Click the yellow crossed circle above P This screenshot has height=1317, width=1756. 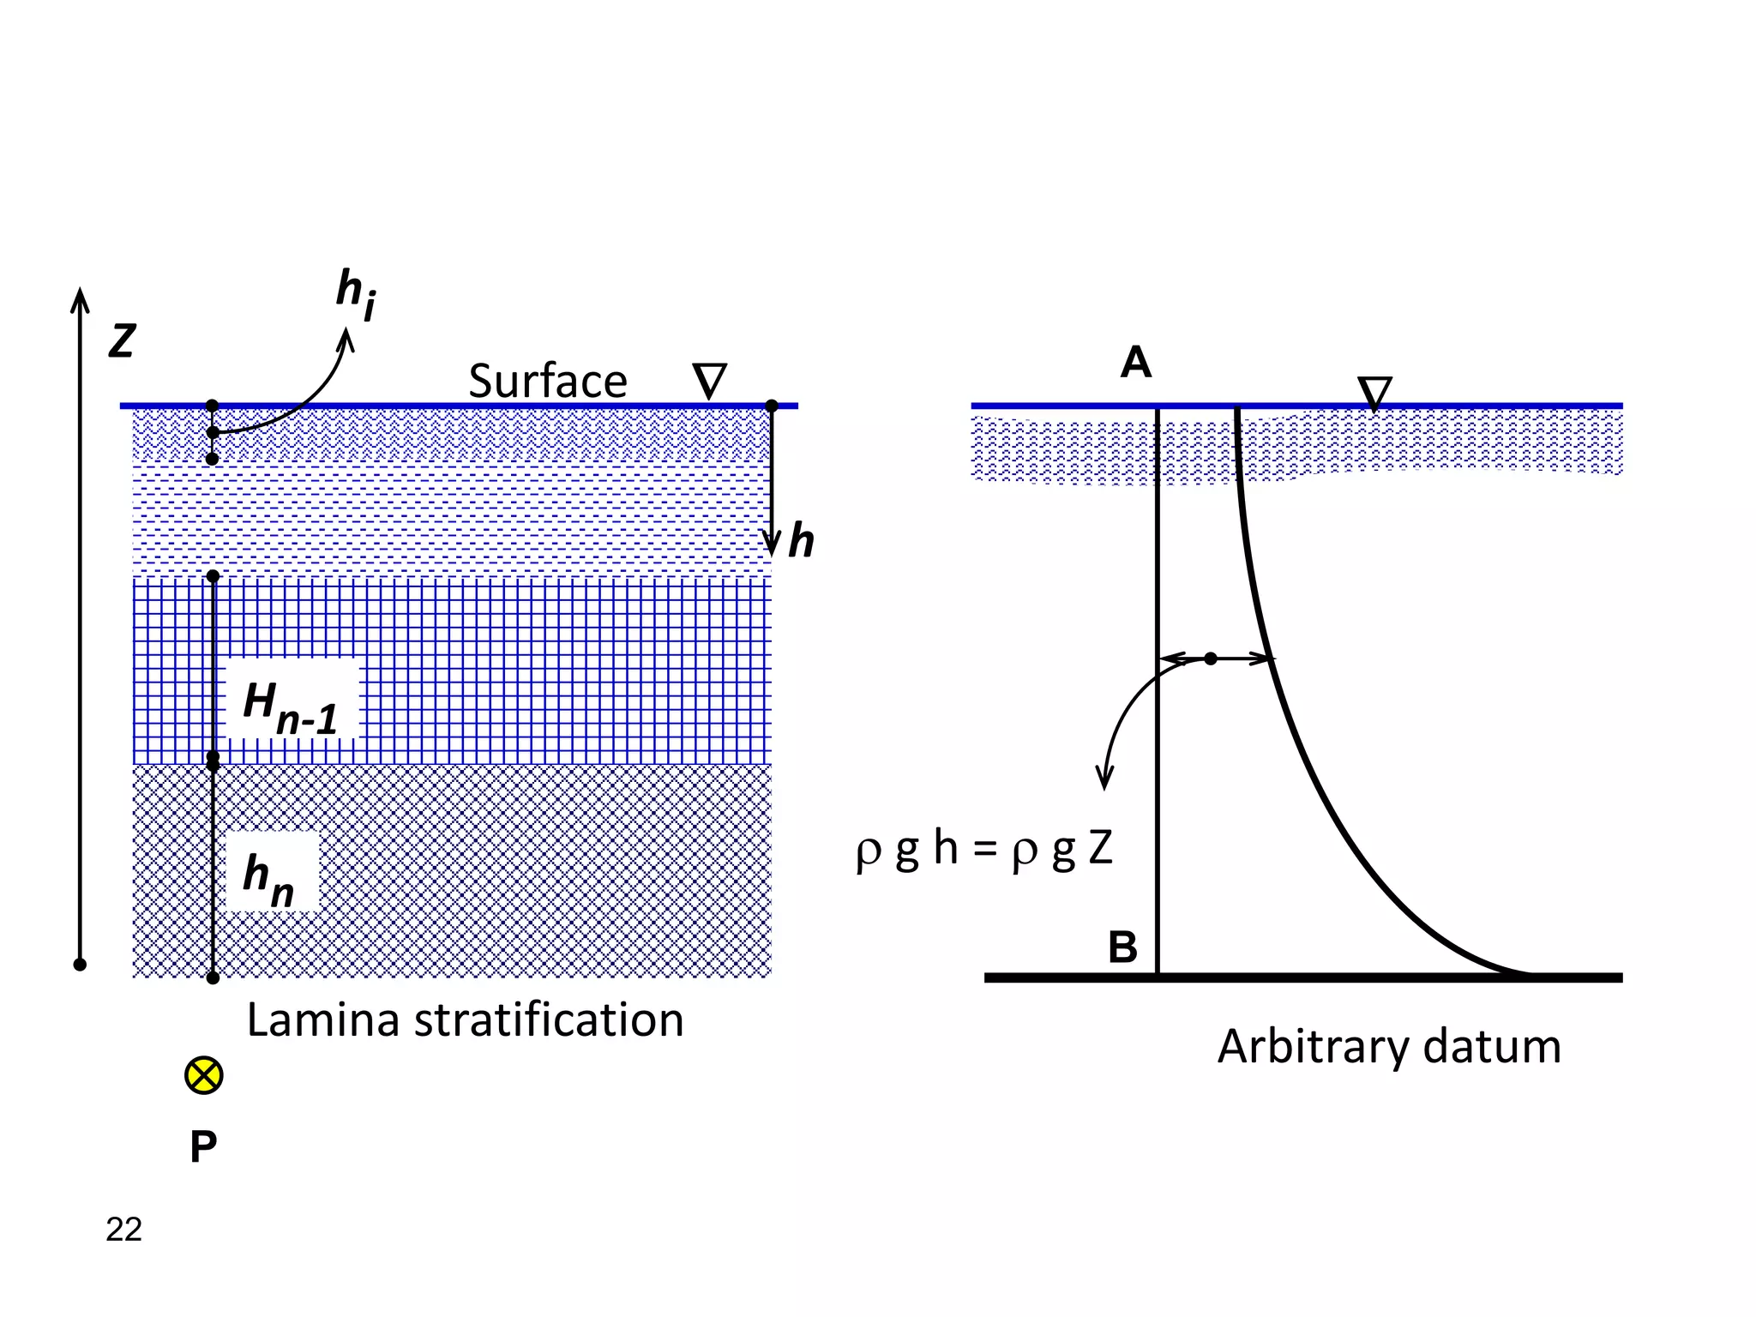click(204, 1075)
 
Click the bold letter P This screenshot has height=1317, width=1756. click(203, 1147)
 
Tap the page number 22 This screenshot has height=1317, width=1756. click(123, 1230)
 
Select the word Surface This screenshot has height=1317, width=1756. click(547, 381)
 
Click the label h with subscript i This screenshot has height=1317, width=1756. click(355, 294)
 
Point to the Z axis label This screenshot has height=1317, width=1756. click(122, 341)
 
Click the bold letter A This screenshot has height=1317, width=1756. click(1135, 363)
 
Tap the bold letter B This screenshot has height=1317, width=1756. click(1122, 947)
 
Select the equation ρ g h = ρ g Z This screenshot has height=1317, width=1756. click(983, 848)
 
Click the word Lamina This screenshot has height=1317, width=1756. click(322, 1020)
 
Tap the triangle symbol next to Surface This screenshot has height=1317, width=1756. click(709, 381)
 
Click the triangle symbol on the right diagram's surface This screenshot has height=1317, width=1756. click(1374, 393)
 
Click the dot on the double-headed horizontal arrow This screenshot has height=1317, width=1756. click(1211, 658)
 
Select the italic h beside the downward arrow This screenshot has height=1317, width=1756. click(801, 542)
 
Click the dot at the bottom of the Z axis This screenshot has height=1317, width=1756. click(80, 965)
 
